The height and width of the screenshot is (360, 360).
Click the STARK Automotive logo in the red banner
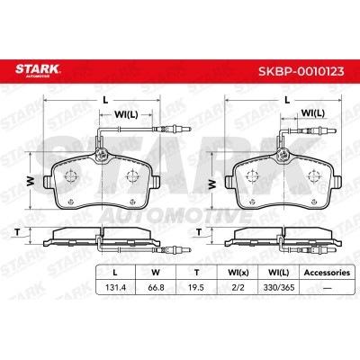coord(38,70)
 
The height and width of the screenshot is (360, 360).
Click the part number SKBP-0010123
coord(301,71)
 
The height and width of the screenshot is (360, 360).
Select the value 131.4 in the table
coord(115,287)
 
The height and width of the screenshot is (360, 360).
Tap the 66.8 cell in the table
coord(156,287)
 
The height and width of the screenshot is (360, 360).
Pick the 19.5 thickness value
coord(196,287)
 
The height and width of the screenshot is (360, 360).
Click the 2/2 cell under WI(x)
coord(238,287)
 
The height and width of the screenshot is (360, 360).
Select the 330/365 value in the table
coord(279,287)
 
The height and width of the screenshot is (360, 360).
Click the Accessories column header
coord(327,273)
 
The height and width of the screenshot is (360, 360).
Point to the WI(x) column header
coord(238,273)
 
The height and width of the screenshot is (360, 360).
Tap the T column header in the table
coord(196,273)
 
